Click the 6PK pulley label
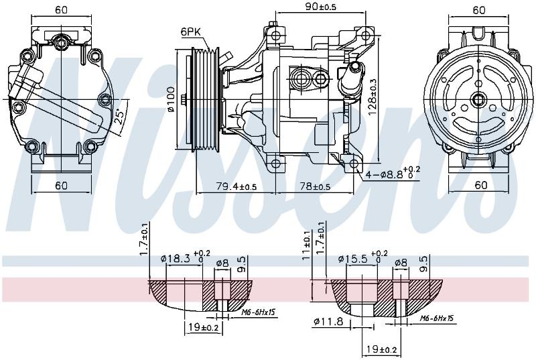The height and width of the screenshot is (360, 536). (x=191, y=32)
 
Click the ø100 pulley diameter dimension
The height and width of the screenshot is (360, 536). (x=171, y=99)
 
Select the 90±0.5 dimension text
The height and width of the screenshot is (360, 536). (x=320, y=7)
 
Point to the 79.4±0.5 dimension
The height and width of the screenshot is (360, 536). (x=237, y=186)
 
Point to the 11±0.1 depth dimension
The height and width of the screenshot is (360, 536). (x=307, y=245)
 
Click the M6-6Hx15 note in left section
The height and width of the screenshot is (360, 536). (x=258, y=312)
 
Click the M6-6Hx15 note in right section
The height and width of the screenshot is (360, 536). (x=437, y=318)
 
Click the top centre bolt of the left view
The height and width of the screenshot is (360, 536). (x=61, y=42)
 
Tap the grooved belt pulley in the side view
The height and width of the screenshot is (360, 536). (x=205, y=99)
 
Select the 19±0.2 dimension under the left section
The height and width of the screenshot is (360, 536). (x=204, y=328)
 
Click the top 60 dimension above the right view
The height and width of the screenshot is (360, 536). (x=479, y=10)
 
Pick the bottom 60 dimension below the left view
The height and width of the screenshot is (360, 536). (x=61, y=186)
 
